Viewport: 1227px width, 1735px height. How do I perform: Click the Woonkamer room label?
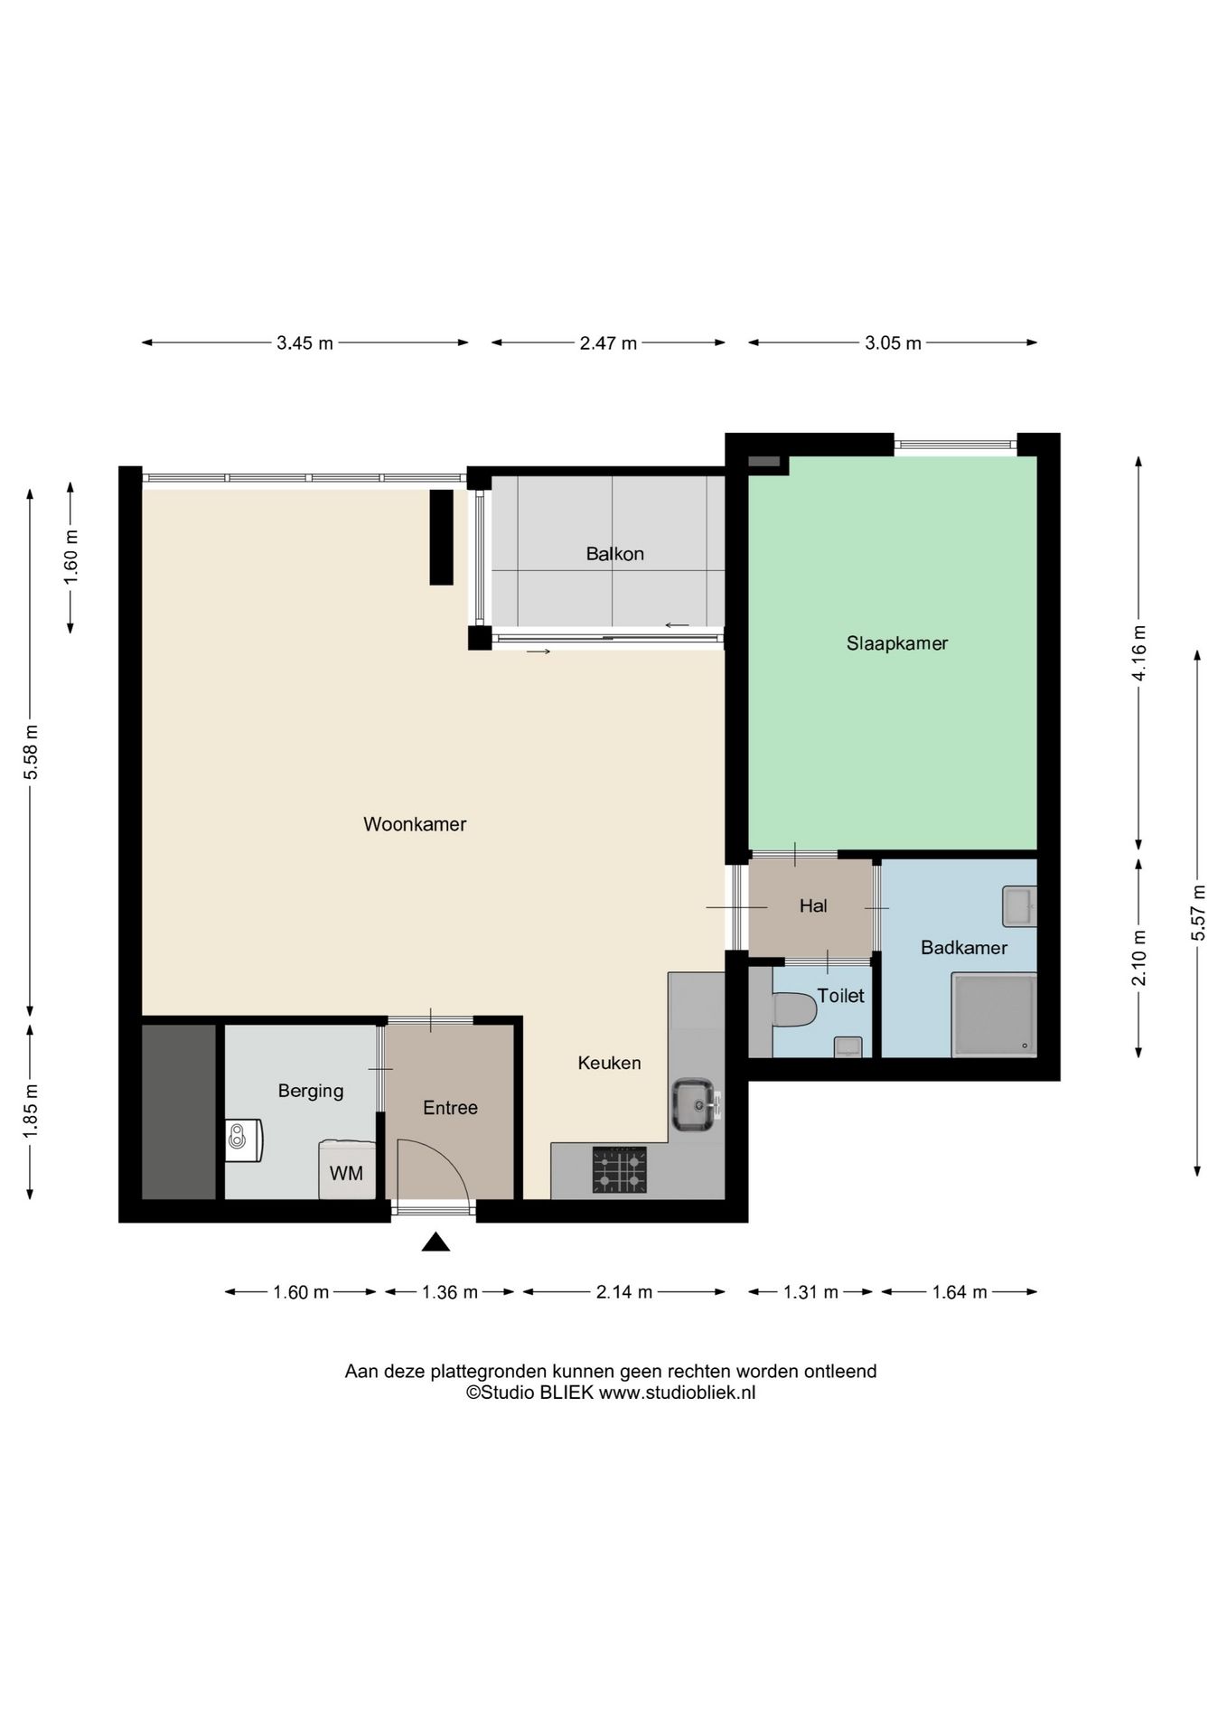coord(415,824)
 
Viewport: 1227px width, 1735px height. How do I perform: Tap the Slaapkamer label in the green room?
coord(897,643)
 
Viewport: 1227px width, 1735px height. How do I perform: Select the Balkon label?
coord(614,554)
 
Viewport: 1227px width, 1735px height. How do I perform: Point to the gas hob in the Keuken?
coord(620,1169)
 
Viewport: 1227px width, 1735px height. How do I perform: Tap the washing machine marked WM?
coord(347,1171)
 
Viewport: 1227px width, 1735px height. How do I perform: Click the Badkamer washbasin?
coord(1019,906)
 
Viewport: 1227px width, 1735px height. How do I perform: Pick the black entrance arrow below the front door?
coord(436,1243)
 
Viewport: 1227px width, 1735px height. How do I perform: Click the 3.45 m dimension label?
coord(305,343)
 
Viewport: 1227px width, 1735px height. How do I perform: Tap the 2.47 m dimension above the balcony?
coord(609,343)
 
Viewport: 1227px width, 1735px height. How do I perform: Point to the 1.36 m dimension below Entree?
coord(450,1292)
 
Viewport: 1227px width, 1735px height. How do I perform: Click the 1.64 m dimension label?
coord(960,1292)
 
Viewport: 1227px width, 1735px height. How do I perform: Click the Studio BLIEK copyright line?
coord(611,1393)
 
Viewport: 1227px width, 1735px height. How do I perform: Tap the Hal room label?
coord(813,905)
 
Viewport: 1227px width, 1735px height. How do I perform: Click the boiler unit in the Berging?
coord(243,1140)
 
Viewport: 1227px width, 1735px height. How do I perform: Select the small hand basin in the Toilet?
coord(848,1046)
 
